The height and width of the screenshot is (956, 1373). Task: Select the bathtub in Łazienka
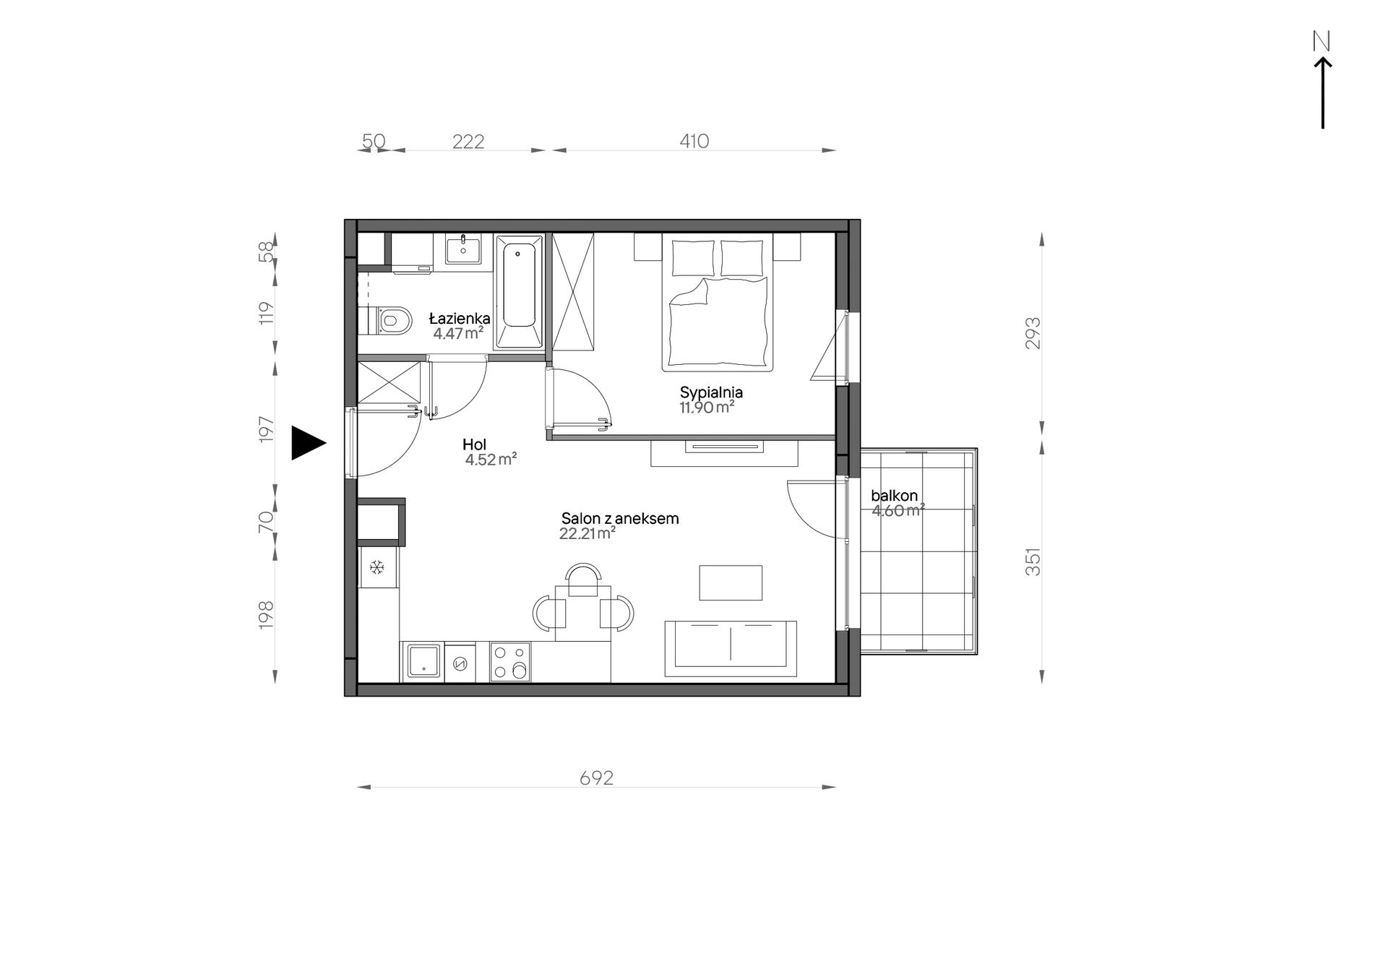pos(519,292)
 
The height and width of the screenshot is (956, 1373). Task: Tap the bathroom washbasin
pos(463,249)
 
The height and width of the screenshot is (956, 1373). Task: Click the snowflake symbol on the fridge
pos(376,568)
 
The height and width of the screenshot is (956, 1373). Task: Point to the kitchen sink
pos(423,661)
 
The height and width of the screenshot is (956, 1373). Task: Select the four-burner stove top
pos(509,662)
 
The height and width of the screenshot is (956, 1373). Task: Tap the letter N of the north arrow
pos(1322,42)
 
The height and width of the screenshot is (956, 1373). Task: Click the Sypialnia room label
pos(711,392)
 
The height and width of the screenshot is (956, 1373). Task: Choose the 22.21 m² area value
pos(587,534)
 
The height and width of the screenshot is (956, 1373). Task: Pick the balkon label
pos(894,496)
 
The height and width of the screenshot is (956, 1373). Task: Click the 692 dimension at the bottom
pos(596,778)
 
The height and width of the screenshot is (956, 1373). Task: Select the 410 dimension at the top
pos(694,141)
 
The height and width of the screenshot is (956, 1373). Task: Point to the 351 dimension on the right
pos(1033,561)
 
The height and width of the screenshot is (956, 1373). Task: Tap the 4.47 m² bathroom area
pos(458,333)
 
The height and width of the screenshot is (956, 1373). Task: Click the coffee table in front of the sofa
pos(731,582)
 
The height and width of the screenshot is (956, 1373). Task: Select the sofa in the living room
pos(731,649)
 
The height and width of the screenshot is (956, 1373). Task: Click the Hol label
pos(475,444)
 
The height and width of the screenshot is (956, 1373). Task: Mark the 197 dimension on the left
pos(267,429)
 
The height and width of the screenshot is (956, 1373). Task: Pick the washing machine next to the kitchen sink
pos(460,662)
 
